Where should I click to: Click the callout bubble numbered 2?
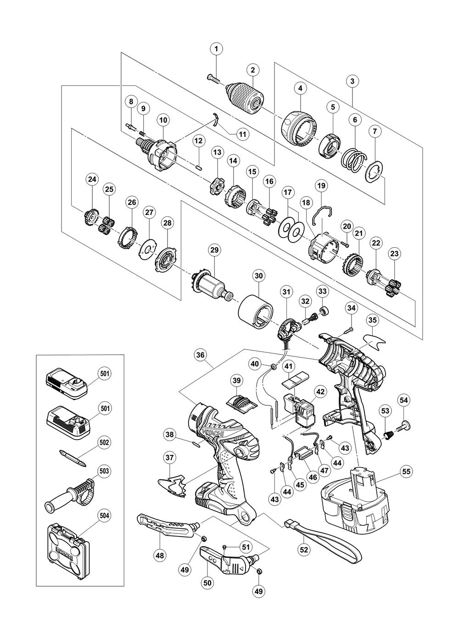(252, 70)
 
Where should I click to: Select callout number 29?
(214, 250)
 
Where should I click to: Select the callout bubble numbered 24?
(93, 180)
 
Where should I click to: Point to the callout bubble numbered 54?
(403, 401)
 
